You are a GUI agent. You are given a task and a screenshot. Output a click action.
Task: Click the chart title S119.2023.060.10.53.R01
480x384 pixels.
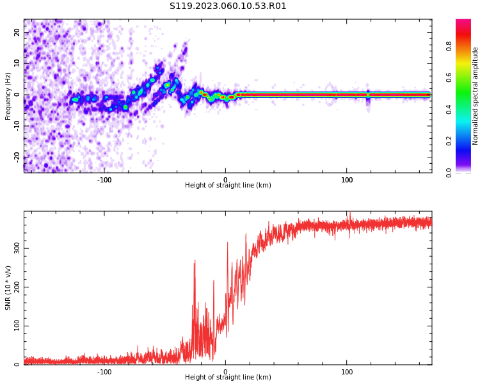click(228, 6)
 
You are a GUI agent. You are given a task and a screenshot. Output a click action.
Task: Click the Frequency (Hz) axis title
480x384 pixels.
click(8, 96)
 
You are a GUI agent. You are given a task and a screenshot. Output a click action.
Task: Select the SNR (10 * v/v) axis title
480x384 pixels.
click(8, 288)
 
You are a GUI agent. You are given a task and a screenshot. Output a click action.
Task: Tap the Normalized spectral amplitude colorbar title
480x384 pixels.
click(476, 96)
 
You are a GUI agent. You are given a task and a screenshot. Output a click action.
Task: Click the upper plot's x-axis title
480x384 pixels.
click(228, 186)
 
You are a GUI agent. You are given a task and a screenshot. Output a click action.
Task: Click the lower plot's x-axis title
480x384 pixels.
click(228, 378)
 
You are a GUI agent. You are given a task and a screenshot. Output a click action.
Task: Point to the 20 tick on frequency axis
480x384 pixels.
click(17, 33)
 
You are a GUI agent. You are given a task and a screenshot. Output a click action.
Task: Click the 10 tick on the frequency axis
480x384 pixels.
click(17, 63)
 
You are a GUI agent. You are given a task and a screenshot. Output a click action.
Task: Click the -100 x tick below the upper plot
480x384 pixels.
click(104, 180)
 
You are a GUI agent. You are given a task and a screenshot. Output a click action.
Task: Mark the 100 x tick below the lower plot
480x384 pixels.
click(347, 372)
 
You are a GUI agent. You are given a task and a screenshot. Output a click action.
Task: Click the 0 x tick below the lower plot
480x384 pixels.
click(225, 372)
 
